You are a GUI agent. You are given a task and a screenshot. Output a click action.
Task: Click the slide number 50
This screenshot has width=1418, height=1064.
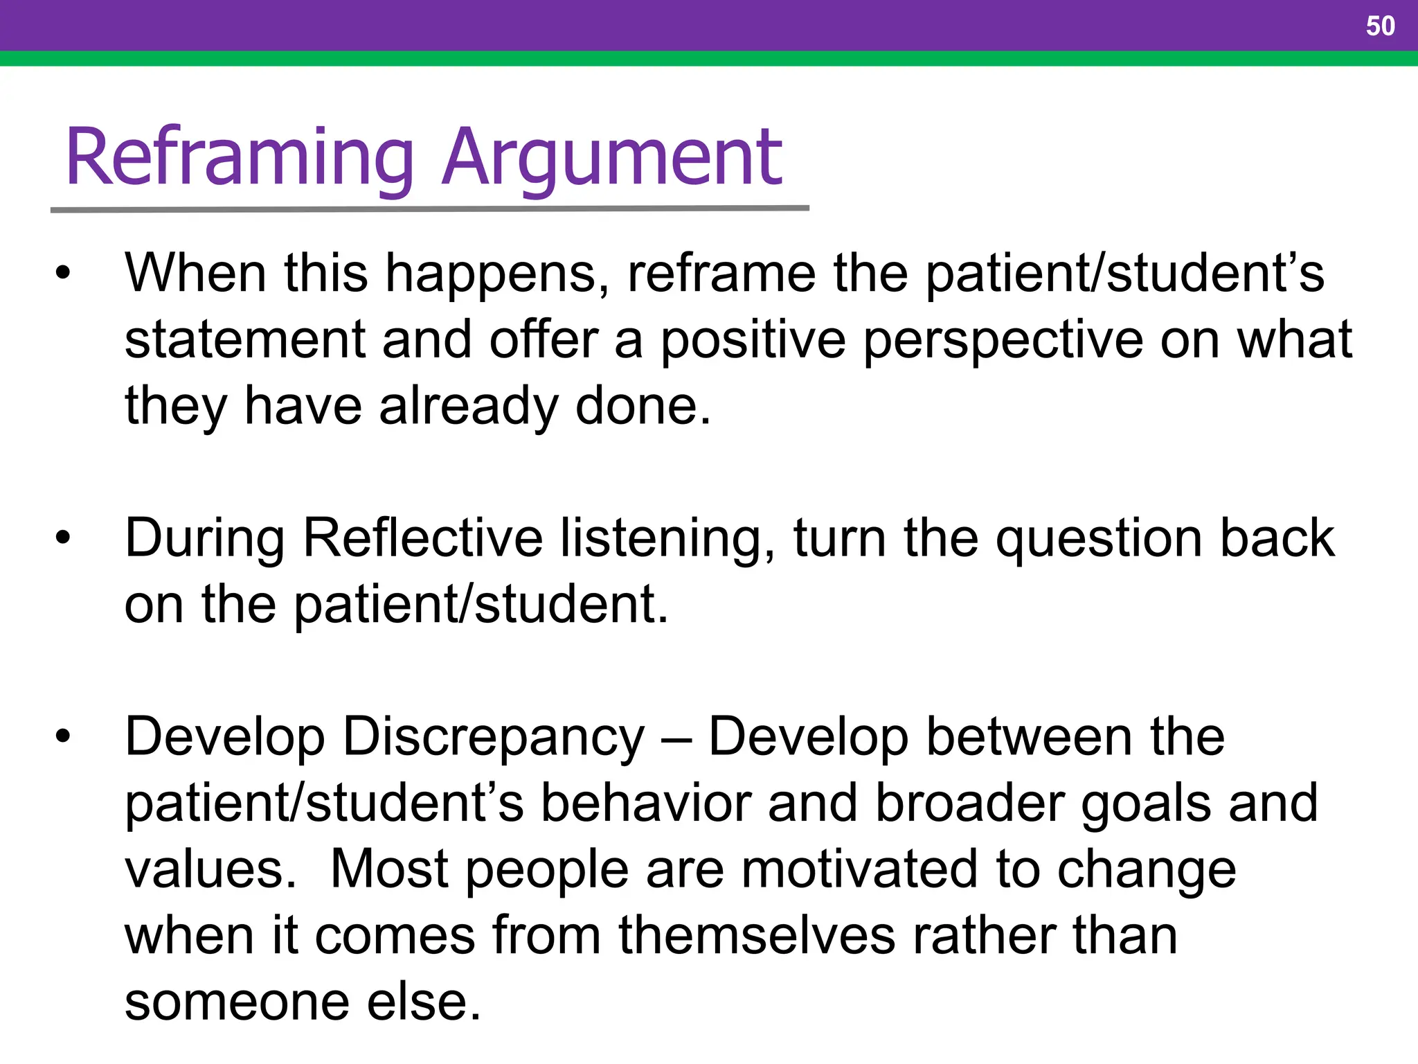click(x=1380, y=26)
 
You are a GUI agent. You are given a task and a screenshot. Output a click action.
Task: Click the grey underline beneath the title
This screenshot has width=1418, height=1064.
click(x=429, y=209)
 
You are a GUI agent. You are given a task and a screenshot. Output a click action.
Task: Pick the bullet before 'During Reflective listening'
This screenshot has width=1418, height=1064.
click(x=63, y=538)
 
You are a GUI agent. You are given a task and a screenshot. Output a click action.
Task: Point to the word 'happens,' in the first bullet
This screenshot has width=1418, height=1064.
click(x=497, y=274)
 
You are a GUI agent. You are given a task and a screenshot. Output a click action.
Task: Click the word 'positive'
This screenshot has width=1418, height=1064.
click(x=753, y=340)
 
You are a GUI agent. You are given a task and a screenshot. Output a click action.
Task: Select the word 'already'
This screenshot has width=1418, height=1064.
click(x=468, y=407)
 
